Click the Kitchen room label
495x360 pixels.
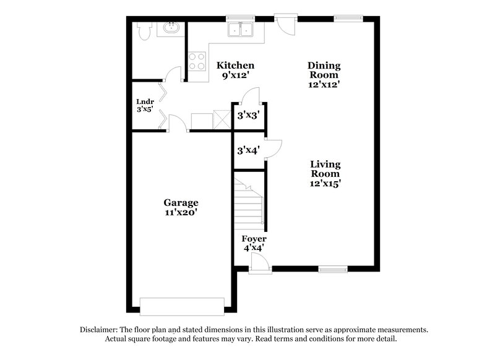tap(235, 66)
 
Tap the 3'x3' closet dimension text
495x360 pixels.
tap(248, 115)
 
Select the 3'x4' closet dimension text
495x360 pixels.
tap(247, 150)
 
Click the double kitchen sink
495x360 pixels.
tap(240, 30)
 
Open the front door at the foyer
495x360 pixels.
tap(259, 264)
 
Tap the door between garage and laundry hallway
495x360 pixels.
tap(177, 124)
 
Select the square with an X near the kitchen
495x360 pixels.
tap(221, 119)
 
